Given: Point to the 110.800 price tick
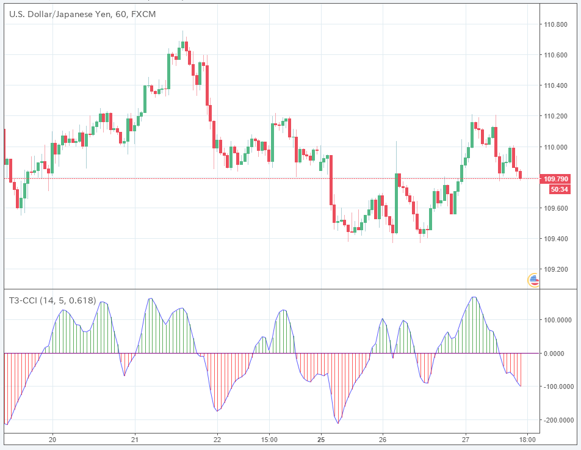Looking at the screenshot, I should [x=556, y=25].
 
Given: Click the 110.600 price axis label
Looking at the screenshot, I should [x=556, y=56].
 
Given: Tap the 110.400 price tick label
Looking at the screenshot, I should [x=556, y=86].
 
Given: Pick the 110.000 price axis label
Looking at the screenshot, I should [x=556, y=147].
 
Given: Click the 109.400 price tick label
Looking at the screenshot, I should [x=556, y=239].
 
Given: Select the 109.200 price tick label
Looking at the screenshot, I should [x=556, y=269].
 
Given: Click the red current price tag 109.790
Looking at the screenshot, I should [x=556, y=179].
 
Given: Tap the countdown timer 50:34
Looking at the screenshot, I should [x=558, y=189].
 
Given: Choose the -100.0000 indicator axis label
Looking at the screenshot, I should [x=557, y=387].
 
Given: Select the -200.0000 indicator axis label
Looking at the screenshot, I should [x=557, y=421].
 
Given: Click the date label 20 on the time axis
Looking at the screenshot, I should [x=52, y=440].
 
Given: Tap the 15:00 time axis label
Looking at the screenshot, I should [x=269, y=440].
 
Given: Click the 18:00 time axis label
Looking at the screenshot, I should [x=527, y=440].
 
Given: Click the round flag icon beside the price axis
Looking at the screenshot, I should [x=533, y=281].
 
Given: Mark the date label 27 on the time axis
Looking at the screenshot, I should [x=465, y=440].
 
